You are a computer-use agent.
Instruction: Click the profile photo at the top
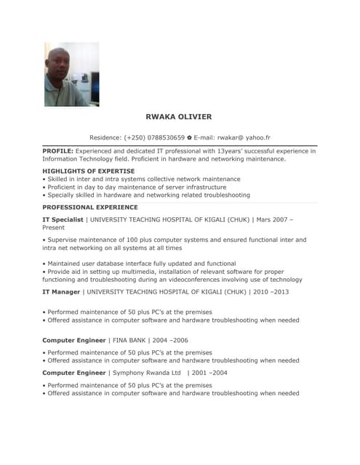[71, 74]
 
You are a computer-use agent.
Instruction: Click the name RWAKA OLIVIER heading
[179, 117]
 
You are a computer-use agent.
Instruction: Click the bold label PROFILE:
[57, 151]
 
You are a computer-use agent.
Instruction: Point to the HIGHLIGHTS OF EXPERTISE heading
[88, 171]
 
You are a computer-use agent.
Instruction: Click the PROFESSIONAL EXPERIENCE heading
[89, 207]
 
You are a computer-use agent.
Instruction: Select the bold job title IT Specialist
[63, 219]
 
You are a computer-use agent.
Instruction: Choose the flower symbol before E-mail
[188, 137]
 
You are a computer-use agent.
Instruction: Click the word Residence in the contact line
[105, 137]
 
